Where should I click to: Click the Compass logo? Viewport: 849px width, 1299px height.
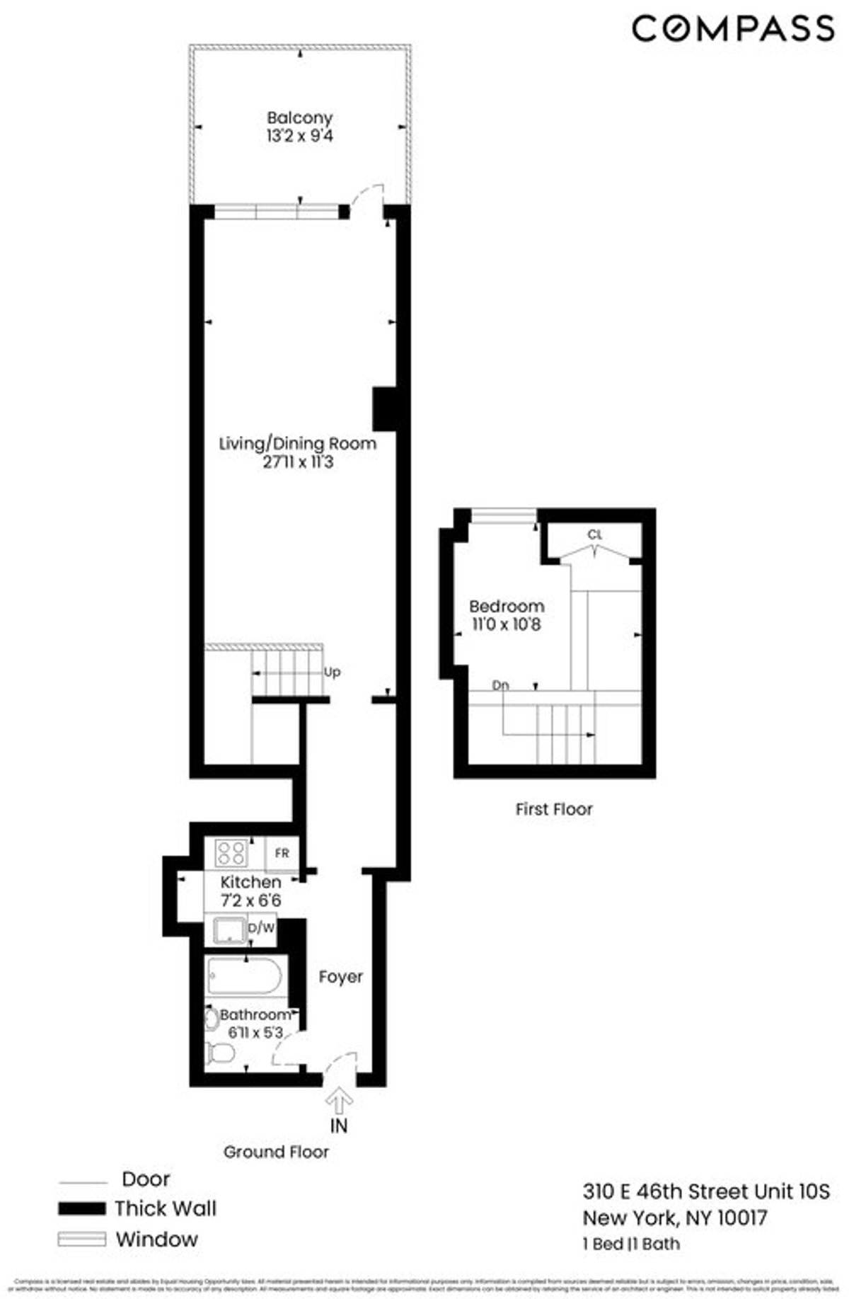[733, 29]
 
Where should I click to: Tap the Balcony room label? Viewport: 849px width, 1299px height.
[299, 118]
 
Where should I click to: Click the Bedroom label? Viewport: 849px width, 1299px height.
[507, 606]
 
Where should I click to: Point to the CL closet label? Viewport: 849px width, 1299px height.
[594, 535]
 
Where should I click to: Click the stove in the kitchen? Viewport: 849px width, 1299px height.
[231, 852]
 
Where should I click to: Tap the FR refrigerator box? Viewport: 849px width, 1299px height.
[282, 853]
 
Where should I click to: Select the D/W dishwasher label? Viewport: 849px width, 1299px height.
[260, 927]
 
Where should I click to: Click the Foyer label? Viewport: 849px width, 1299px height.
[340, 977]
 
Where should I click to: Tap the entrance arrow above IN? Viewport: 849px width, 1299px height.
[340, 1101]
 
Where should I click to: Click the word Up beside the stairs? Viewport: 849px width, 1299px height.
[332, 672]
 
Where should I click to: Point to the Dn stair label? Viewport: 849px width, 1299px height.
[500, 685]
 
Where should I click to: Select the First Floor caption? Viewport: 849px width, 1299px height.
[554, 809]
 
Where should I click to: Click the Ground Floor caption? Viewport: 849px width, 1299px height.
[276, 1152]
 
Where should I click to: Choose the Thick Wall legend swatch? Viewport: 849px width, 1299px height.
[81, 1208]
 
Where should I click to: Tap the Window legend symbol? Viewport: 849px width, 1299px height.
[81, 1240]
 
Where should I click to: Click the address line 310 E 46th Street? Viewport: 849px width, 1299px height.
[705, 1191]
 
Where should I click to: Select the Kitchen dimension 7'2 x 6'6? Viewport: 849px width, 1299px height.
[251, 901]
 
